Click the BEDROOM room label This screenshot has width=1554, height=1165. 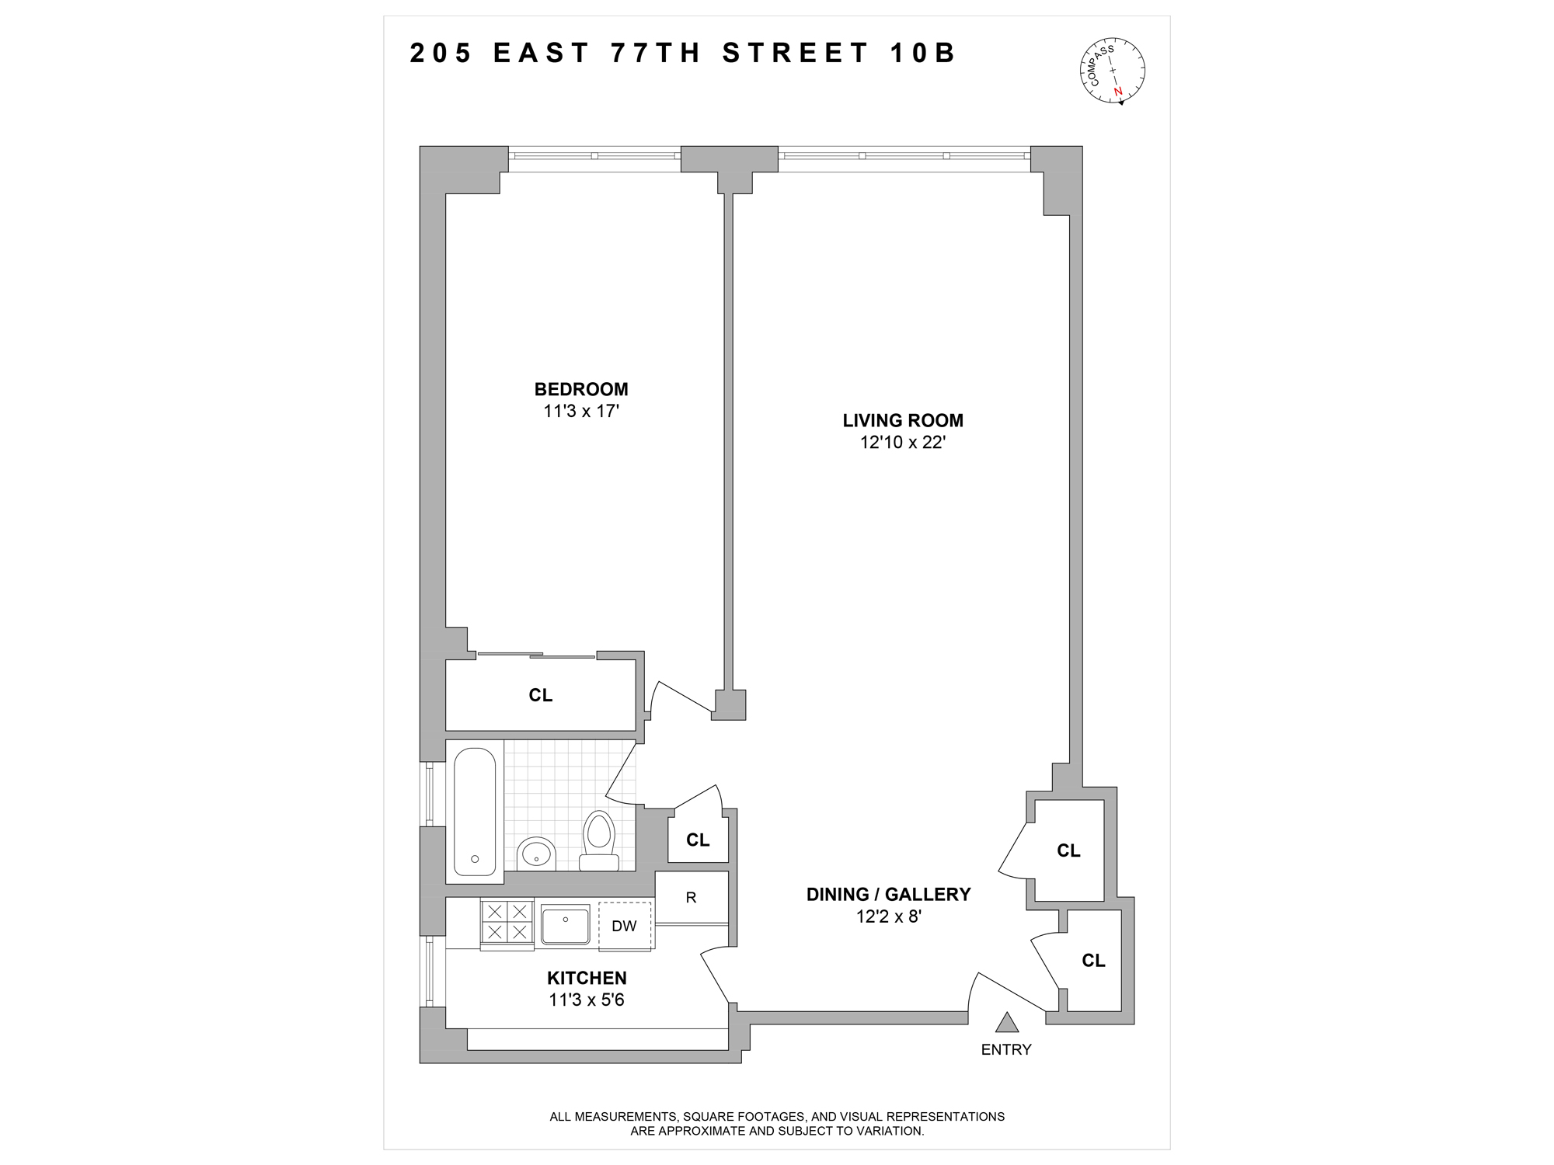581,389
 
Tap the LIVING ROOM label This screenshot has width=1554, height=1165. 902,420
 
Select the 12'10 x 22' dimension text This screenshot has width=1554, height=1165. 902,443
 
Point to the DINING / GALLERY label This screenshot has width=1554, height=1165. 888,894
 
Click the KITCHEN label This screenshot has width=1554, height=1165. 587,978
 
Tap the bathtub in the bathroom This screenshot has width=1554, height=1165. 474,811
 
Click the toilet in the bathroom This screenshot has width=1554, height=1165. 599,840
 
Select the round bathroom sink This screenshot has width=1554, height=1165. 536,854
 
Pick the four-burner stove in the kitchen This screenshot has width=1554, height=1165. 507,922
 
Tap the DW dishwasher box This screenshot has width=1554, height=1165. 624,926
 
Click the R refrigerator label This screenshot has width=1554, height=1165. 691,897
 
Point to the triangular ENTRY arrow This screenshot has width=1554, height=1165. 1007,1023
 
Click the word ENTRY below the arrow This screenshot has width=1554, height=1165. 1006,1049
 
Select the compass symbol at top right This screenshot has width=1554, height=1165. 1113,70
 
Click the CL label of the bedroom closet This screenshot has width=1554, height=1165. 541,695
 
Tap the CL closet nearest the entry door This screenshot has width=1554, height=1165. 1093,961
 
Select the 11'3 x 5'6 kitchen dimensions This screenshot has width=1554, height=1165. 587,1000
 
